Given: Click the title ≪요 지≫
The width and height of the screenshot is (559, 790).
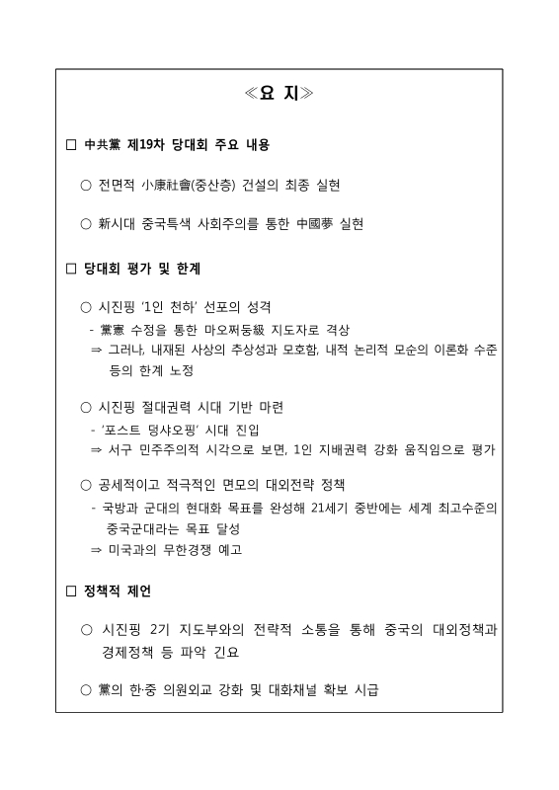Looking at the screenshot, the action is click(279, 95).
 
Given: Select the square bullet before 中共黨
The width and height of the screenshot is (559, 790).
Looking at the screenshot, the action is click(70, 145).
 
